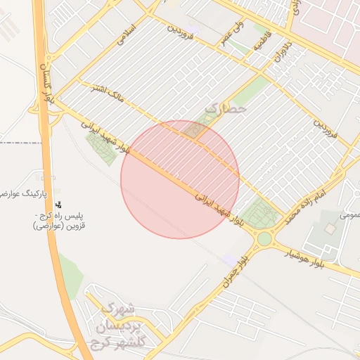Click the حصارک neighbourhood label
tap(226, 109)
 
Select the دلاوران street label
tap(283, 53)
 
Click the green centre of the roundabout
tap(264, 239)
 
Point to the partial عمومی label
tap(349, 215)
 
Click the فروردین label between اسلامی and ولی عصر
tap(184, 31)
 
